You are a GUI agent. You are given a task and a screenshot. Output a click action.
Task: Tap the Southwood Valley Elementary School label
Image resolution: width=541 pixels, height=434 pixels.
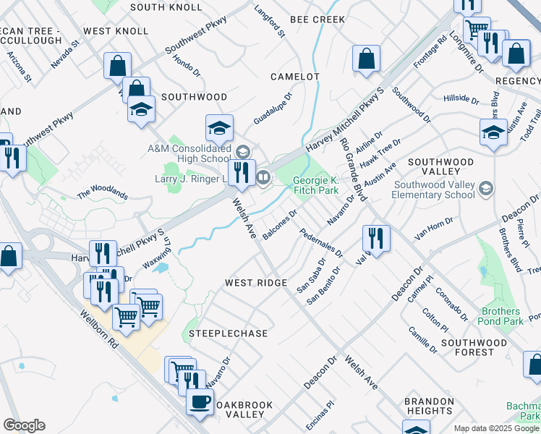[x=434, y=190]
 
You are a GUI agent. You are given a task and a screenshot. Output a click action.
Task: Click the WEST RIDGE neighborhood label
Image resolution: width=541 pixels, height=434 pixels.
[x=256, y=282]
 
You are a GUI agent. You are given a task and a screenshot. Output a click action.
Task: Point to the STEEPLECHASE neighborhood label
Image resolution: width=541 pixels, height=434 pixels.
[x=229, y=333]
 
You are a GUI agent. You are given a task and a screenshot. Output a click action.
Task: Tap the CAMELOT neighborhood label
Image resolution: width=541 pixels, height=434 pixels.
[x=294, y=77]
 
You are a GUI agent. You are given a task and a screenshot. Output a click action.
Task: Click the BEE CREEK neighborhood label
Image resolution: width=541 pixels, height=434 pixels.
[x=318, y=20]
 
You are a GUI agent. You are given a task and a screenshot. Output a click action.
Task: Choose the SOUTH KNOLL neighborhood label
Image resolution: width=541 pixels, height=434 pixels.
[x=166, y=7]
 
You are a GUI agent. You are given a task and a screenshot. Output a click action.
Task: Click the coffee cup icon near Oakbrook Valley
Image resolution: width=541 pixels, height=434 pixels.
[x=200, y=401]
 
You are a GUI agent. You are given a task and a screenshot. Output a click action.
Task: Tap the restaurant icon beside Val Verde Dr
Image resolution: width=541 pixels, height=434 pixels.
[x=376, y=237]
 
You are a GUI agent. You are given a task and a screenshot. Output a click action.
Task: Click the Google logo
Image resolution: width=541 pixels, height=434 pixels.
[x=24, y=425]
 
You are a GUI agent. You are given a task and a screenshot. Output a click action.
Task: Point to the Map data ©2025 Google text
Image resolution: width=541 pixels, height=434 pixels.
[x=496, y=428]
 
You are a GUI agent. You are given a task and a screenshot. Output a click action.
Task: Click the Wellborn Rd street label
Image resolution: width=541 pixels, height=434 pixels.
[x=100, y=333]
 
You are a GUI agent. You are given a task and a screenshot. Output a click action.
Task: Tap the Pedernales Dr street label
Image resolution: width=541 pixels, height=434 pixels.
[x=321, y=244]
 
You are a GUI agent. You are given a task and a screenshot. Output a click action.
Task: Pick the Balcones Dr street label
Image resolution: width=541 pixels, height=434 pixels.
[x=281, y=225]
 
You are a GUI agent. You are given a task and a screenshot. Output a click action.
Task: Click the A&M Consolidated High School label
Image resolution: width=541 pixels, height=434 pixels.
[x=189, y=153]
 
